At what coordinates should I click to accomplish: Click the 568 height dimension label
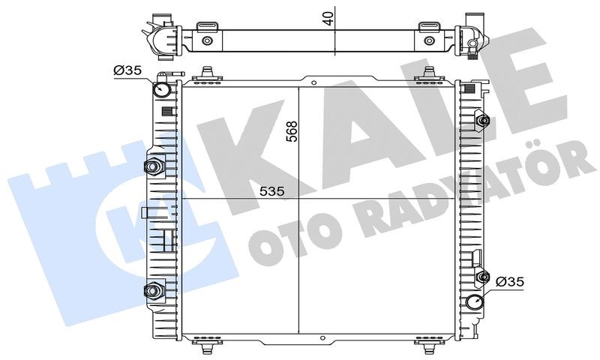coord(292,131)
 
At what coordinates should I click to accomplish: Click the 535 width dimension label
coord(272,191)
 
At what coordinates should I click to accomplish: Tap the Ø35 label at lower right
coord(509,282)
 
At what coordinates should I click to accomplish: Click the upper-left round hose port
coord(161,90)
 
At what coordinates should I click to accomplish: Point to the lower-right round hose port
coord(475,302)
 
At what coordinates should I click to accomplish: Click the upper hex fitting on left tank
coord(153,166)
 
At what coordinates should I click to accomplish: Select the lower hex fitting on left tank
coord(153,291)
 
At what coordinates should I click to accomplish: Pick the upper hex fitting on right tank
coord(482,121)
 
